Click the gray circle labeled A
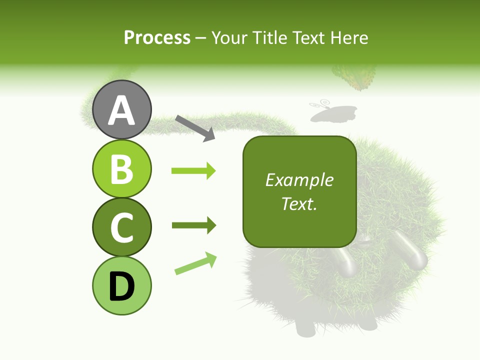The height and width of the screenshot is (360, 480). tap(121, 109)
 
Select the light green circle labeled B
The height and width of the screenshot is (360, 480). tap(121, 168)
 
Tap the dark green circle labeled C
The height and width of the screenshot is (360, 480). tap(121, 227)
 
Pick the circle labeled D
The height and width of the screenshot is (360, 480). tap(121, 285)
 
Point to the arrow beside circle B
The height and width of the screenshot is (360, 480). tap(193, 171)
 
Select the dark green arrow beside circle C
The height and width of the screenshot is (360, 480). tap(193, 225)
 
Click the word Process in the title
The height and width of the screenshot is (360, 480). tap(157, 37)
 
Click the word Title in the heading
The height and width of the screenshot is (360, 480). tap(267, 37)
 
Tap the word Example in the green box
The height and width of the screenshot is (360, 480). tap(299, 180)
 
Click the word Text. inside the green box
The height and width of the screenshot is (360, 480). tap(299, 203)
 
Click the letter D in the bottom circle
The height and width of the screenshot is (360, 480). tap(121, 286)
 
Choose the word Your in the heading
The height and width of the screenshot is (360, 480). tap(229, 37)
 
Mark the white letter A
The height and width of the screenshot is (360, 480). tap(121, 110)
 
